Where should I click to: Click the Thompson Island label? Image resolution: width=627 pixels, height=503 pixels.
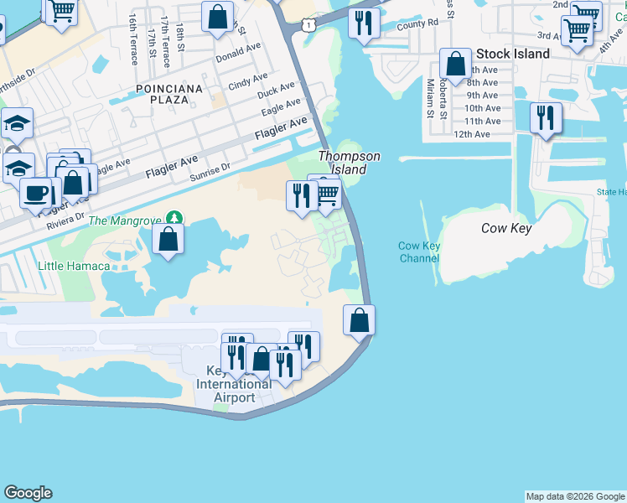349,163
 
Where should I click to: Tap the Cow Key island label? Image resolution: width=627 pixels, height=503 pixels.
506,228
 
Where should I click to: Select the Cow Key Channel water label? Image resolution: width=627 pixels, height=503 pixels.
419,251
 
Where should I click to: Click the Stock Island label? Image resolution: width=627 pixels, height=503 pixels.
513,54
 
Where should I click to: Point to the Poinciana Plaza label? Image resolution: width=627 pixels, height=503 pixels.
169,94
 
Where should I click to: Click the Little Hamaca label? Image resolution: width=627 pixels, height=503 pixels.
74,266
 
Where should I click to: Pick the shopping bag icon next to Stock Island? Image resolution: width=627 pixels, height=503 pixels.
455,64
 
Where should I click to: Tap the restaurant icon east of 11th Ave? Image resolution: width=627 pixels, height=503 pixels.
546,118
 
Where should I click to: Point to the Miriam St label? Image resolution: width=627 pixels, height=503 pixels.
430,99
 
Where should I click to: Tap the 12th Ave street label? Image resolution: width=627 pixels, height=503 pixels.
471,134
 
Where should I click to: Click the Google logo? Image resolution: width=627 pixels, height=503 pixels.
28,493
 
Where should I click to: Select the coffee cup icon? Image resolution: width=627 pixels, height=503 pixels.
35,192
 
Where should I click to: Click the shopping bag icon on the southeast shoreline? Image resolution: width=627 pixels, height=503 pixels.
359,320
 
